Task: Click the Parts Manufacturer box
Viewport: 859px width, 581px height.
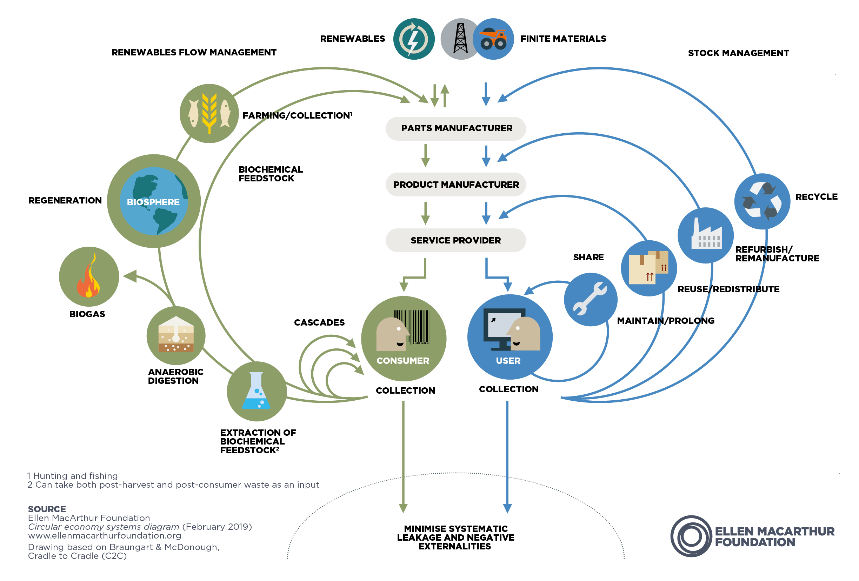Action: coord(455,129)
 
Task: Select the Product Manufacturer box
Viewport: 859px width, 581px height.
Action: coord(455,185)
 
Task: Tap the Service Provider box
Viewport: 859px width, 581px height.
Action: coord(455,240)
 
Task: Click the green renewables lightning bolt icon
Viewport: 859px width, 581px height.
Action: coord(414,39)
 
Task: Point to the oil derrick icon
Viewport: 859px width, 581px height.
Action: coord(460,39)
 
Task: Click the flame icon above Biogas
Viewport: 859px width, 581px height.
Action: coord(89,276)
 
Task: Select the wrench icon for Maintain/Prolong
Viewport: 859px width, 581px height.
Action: coord(590,299)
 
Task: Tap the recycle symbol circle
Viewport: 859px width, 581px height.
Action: coord(762,201)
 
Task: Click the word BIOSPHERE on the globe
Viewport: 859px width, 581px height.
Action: coord(153,202)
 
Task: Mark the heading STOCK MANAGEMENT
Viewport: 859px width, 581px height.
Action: coord(738,53)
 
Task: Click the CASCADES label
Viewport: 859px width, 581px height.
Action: coord(319,322)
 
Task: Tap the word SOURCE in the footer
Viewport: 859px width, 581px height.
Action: coord(47,509)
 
